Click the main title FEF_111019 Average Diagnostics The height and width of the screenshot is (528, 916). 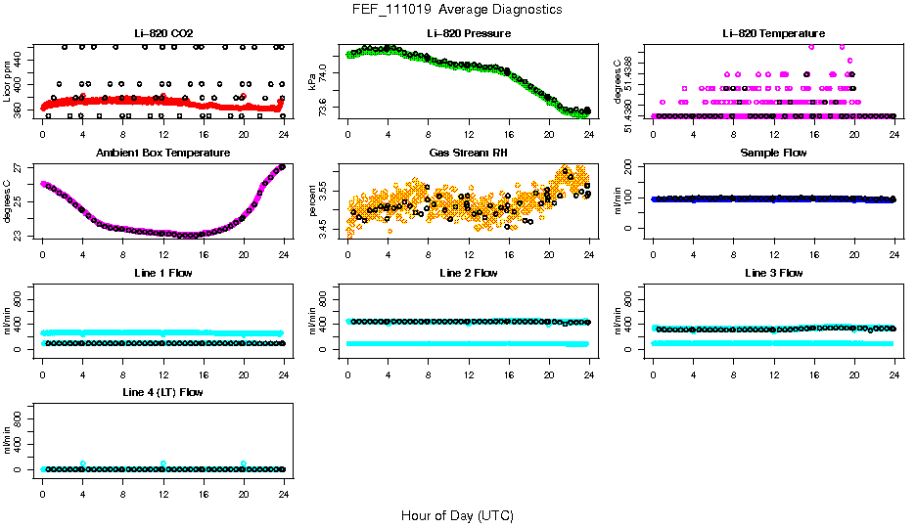click(458, 9)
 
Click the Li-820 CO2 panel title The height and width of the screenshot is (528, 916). click(163, 34)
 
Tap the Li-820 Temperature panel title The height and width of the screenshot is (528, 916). click(773, 34)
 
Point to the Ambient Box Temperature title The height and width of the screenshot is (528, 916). click(163, 154)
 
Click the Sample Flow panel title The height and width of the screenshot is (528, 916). click(773, 154)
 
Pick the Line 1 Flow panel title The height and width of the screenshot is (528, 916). click(163, 273)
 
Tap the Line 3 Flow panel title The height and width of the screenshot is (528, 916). click(773, 273)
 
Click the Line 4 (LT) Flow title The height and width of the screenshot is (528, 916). click(163, 392)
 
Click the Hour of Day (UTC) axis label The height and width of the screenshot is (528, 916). click(457, 515)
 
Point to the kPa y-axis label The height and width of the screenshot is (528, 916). click(313, 81)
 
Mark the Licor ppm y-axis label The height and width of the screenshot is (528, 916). click(8, 81)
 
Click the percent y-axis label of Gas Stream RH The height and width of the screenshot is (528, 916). click(313, 200)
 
